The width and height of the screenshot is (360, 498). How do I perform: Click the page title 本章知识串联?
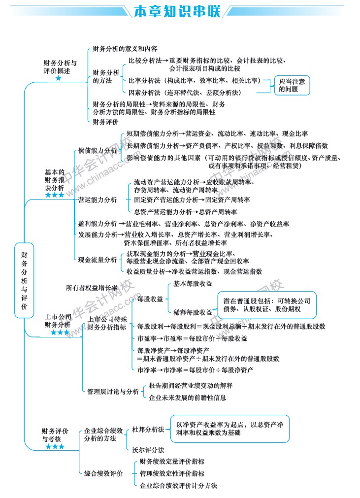tap(177, 11)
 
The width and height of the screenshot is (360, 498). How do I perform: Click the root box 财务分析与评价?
tap(24, 280)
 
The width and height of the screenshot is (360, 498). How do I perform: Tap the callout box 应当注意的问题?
tap(292, 85)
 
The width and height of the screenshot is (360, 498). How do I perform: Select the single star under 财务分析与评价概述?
tap(59, 78)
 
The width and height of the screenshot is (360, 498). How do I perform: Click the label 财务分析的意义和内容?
tap(125, 49)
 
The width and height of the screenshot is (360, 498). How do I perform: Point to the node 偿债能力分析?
tap(98, 150)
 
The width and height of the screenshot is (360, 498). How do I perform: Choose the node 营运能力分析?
tap(98, 200)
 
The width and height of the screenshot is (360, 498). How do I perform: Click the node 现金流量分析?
tap(98, 260)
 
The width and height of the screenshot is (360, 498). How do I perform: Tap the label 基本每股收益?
tap(193, 284)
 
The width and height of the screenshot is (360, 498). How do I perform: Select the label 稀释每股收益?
tap(193, 312)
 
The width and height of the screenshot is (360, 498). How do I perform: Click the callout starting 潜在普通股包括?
tap(267, 305)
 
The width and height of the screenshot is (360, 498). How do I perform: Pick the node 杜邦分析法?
tap(148, 430)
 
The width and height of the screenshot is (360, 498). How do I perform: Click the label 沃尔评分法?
tap(148, 450)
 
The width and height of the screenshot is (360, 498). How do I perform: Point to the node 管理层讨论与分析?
tap(113, 392)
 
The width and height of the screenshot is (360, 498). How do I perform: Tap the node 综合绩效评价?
tap(103, 473)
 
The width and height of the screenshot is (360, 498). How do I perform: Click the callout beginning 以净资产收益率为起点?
tap(230, 429)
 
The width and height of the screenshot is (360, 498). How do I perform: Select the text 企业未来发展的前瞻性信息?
tap(187, 398)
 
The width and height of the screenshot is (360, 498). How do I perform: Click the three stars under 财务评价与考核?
tap(55, 447)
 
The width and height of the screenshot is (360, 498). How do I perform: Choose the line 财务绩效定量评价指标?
tap(172, 462)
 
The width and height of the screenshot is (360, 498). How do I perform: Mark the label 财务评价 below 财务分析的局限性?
tap(105, 122)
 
